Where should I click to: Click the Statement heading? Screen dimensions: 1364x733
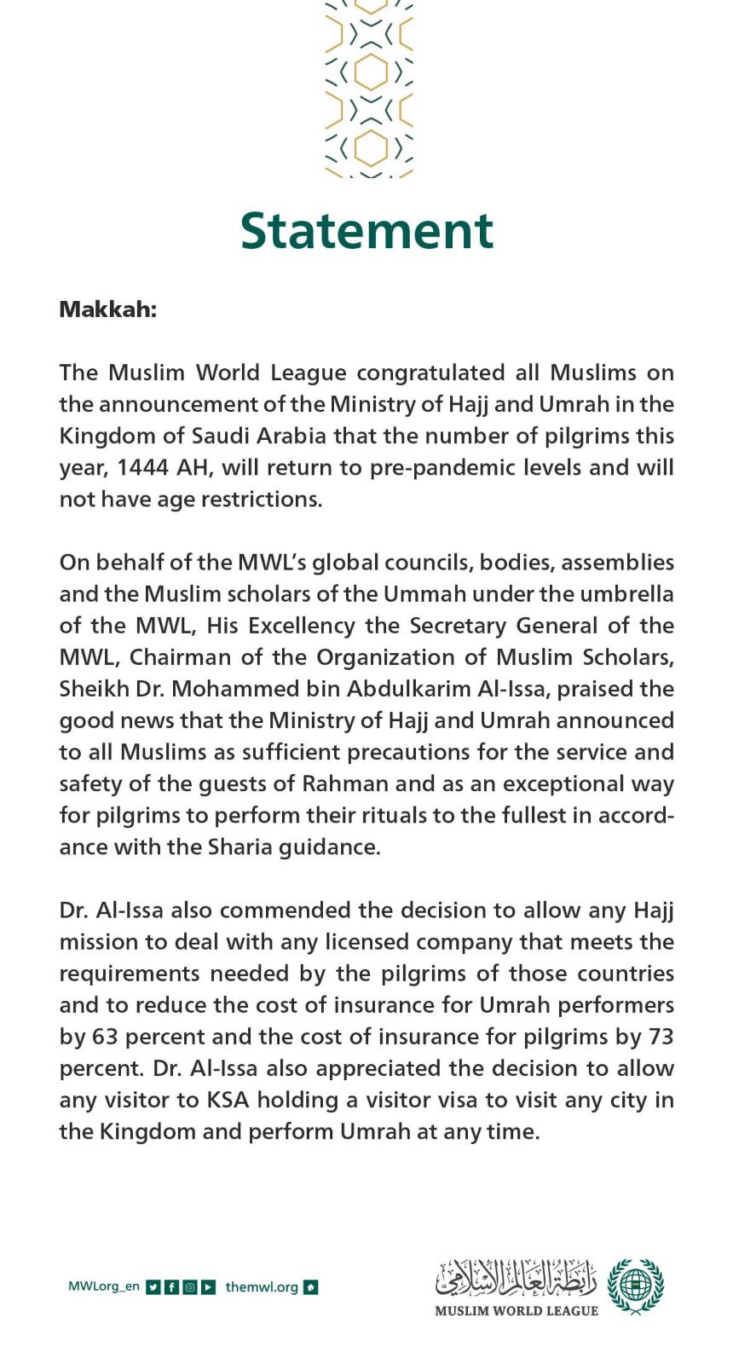(x=366, y=231)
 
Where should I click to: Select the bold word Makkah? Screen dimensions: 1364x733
(x=107, y=309)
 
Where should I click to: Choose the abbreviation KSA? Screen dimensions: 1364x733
(x=228, y=1101)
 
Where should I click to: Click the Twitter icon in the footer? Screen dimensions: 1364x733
(x=153, y=1287)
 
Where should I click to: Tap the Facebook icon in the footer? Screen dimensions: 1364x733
(x=171, y=1287)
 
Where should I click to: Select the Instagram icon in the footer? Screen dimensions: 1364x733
(x=190, y=1287)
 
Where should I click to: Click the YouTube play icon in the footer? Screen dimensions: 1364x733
(x=209, y=1287)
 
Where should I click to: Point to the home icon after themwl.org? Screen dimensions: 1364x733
(x=311, y=1287)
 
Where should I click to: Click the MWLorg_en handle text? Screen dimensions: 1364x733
(x=103, y=1286)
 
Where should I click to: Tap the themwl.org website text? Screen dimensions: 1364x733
(x=262, y=1287)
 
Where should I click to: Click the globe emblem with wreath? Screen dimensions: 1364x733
(x=635, y=1286)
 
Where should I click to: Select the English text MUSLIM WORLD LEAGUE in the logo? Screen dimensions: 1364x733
(x=516, y=1311)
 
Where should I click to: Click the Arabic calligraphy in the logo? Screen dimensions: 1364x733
(x=516, y=1277)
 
